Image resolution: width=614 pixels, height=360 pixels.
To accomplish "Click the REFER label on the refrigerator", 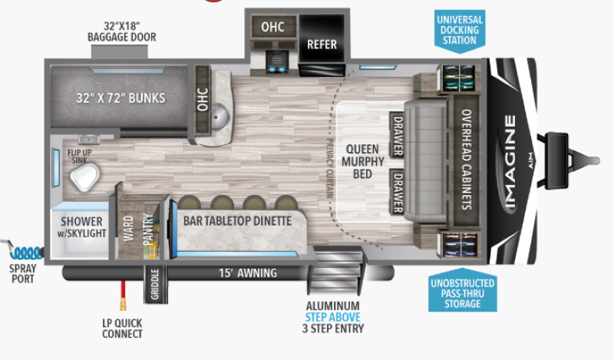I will coord(322,44).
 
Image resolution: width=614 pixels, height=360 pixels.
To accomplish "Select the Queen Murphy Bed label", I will coord(358,161).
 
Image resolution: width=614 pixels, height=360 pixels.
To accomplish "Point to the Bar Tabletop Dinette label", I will coord(237,220).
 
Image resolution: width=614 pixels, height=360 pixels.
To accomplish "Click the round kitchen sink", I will coord(221,117).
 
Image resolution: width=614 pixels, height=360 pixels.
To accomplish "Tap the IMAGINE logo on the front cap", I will coord(510,162).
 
